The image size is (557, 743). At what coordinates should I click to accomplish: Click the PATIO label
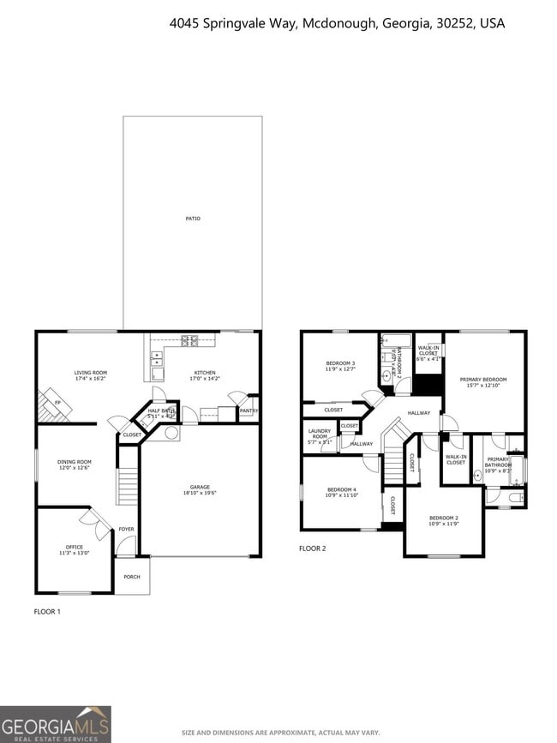click(193, 219)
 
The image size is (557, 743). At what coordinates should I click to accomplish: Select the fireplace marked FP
click(57, 402)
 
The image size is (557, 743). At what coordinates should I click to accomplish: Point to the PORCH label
click(132, 577)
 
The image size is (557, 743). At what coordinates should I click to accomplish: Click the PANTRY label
click(249, 410)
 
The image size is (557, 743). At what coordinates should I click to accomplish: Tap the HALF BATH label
click(161, 413)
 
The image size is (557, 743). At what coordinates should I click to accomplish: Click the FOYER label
click(126, 529)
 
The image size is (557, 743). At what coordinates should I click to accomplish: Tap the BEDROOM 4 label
click(341, 492)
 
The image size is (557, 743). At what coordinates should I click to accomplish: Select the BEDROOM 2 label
click(444, 520)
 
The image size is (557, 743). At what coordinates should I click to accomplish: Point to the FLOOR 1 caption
click(47, 612)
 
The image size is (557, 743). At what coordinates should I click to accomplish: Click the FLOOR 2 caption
click(312, 548)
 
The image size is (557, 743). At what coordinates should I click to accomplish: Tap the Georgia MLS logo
click(56, 724)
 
